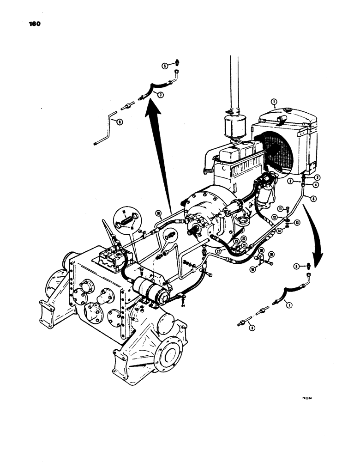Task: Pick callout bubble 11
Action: point(280,208)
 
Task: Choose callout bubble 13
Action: point(297,222)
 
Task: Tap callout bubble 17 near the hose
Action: point(217,251)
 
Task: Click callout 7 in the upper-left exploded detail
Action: point(160,95)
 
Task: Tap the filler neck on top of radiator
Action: point(281,121)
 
